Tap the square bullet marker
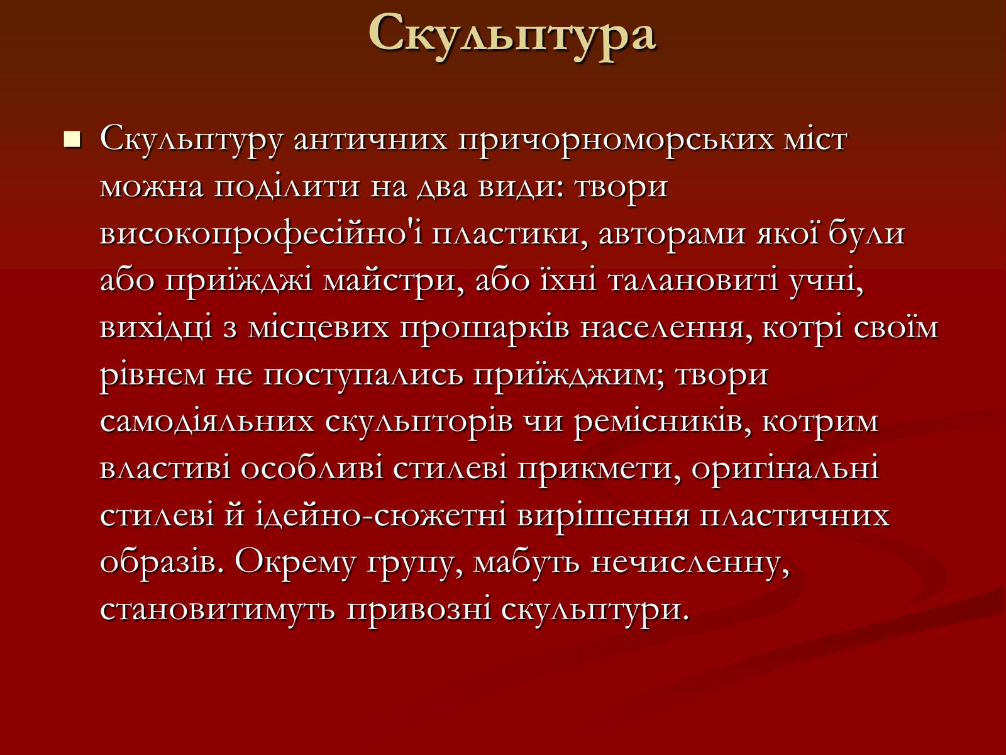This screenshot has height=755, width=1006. pyautogui.click(x=72, y=139)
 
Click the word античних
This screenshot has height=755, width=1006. pyautogui.click(x=370, y=139)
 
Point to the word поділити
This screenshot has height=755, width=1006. pyautogui.click(x=287, y=187)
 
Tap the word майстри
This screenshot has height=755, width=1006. pyautogui.click(x=391, y=281)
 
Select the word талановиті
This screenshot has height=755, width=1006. pyautogui.click(x=693, y=281)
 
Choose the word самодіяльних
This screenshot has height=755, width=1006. pyautogui.click(x=207, y=422)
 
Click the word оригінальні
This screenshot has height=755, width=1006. pyautogui.click(x=785, y=469)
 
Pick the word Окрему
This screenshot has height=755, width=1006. pyautogui.click(x=295, y=563)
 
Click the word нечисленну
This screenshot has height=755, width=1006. pyautogui.click(x=690, y=563)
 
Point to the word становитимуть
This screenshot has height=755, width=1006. pyautogui.click(x=218, y=610)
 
